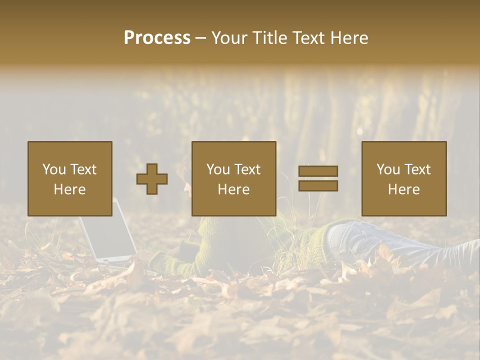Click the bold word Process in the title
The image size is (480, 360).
point(157,38)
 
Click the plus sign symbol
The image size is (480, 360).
point(152,179)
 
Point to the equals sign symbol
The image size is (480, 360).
point(318,178)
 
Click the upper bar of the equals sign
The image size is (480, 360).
point(318,171)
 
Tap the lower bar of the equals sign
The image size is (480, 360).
point(318,185)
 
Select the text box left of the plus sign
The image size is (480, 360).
point(69,178)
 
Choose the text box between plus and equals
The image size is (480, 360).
point(233,178)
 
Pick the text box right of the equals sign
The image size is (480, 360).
point(403,178)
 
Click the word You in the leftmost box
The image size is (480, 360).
point(54,169)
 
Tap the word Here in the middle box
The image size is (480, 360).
point(233,189)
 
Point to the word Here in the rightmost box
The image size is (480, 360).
point(403,189)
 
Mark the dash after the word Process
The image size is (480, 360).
point(200,38)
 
